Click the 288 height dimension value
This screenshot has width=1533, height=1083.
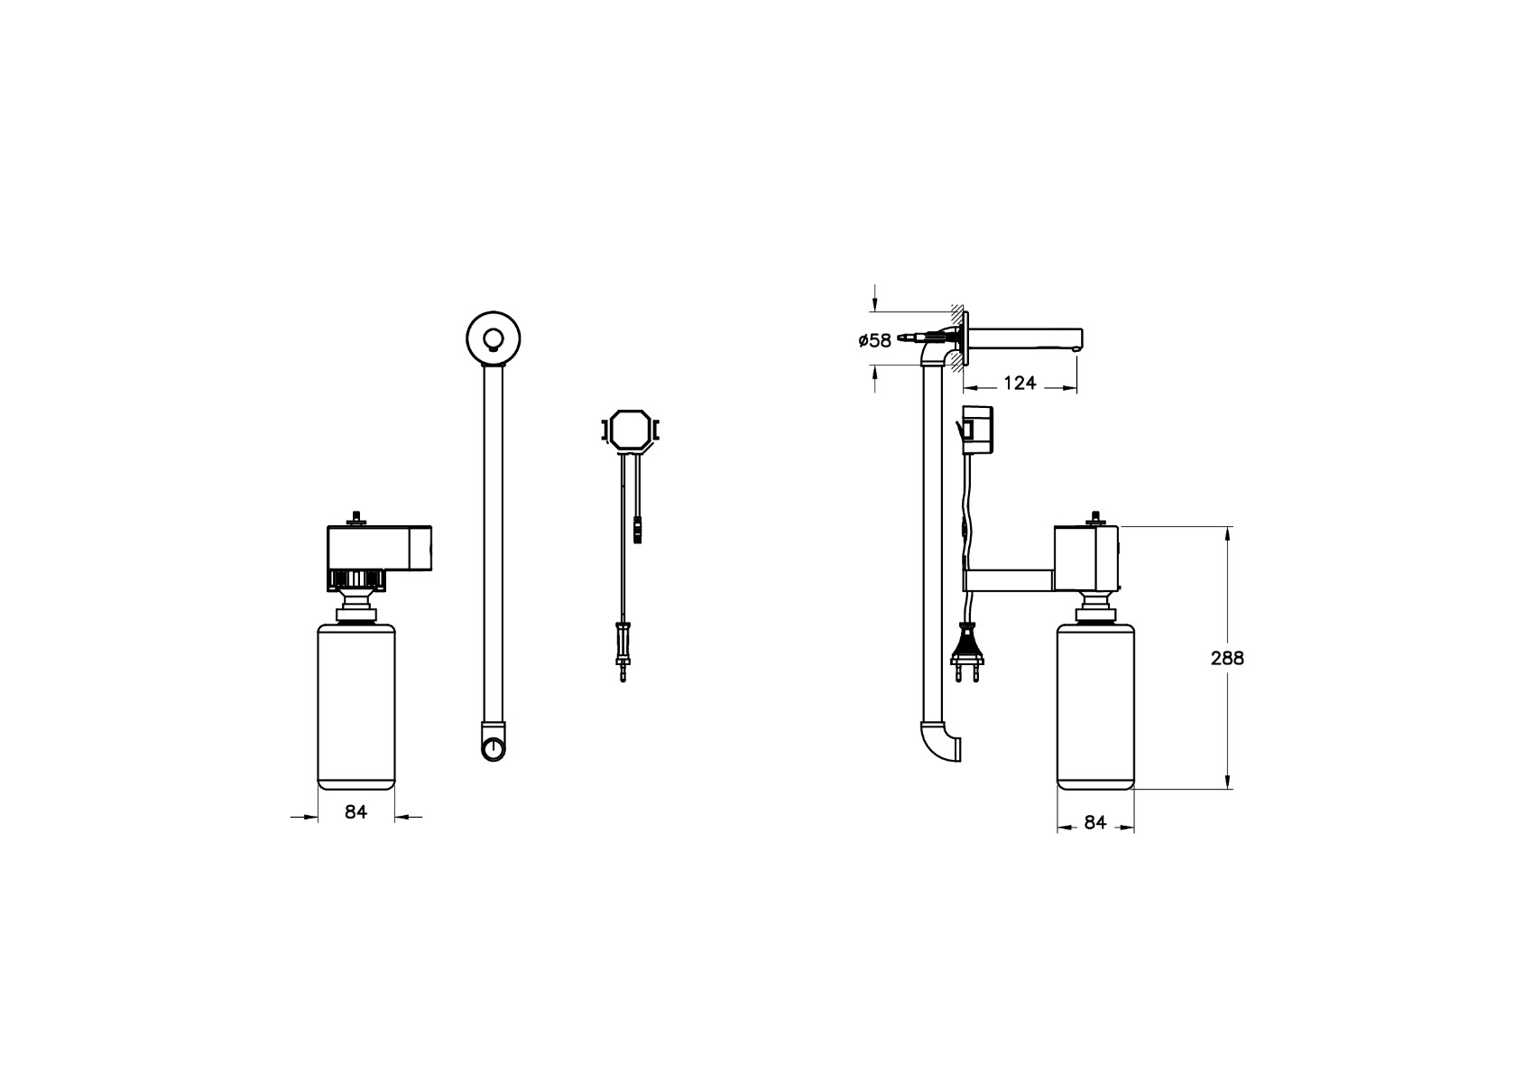pyautogui.click(x=1227, y=658)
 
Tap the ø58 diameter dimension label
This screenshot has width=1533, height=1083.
pyautogui.click(x=875, y=340)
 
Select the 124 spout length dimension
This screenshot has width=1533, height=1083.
pyautogui.click(x=1020, y=384)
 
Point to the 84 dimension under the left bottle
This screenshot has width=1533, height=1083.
pyautogui.click(x=356, y=812)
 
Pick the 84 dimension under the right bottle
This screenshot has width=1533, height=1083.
pyautogui.click(x=1095, y=823)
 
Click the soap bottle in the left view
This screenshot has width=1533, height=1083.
pyautogui.click(x=356, y=706)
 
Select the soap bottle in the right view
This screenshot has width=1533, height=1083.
pyautogui.click(x=1095, y=706)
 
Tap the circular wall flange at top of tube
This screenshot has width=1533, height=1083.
pyautogui.click(x=494, y=338)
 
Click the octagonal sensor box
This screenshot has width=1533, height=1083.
pyautogui.click(x=631, y=430)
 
